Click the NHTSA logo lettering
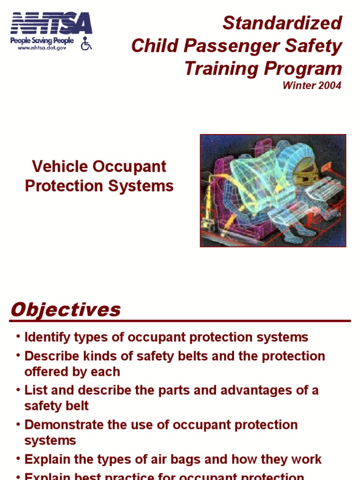[x=51, y=24]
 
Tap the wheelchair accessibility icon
[x=86, y=44]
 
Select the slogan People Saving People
[x=42, y=41]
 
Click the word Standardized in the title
[x=282, y=23]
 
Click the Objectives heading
[x=65, y=309]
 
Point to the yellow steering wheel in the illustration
[x=305, y=175]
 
